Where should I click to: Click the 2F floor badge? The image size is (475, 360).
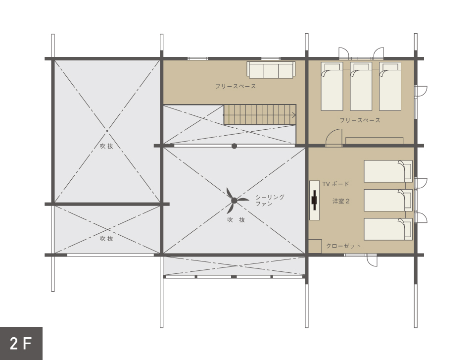[21, 343]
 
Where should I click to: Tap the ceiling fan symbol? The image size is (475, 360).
[234, 201]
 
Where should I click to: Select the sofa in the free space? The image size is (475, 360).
[271, 70]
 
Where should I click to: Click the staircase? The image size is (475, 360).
[260, 115]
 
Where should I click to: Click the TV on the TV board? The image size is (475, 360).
[315, 200]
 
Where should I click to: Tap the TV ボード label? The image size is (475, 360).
[335, 184]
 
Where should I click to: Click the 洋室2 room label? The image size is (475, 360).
[341, 201]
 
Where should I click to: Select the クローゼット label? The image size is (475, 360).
[343, 246]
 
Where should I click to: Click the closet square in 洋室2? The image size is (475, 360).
[315, 246]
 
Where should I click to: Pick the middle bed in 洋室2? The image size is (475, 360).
[388, 200]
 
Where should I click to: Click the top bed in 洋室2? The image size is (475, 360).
[388, 171]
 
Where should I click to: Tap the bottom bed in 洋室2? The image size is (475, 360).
[388, 229]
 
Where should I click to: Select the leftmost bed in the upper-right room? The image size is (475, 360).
[332, 87]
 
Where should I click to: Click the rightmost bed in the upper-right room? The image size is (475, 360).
[390, 87]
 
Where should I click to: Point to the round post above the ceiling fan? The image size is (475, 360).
[234, 146]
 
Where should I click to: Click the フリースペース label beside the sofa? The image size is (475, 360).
[236, 87]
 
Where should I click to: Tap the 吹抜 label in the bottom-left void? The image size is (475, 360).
[107, 239]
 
